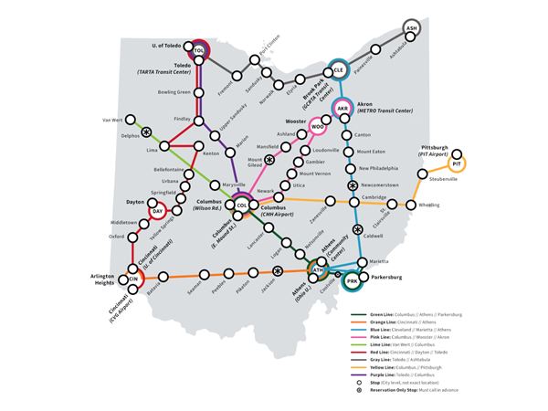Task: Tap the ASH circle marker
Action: (x=411, y=28)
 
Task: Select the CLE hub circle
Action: (x=338, y=69)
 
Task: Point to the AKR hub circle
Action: (x=343, y=109)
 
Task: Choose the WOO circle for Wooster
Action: (x=318, y=127)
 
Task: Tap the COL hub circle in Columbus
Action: (x=242, y=205)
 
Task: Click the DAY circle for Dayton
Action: (x=157, y=211)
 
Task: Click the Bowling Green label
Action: (x=174, y=92)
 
